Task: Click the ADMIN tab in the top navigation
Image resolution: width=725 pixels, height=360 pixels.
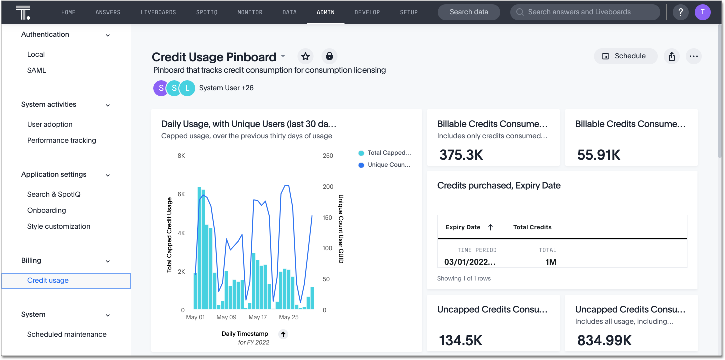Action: [325, 12]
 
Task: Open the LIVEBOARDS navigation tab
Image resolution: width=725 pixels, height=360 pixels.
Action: [158, 12]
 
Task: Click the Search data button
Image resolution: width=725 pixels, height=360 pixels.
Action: [469, 12]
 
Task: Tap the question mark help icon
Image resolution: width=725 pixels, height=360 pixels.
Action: [680, 12]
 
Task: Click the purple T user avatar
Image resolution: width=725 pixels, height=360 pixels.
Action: [703, 12]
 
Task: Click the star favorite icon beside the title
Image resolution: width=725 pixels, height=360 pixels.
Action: [305, 56]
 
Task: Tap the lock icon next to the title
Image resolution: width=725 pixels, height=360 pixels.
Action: [329, 56]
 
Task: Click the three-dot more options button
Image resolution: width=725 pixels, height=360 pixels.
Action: [693, 56]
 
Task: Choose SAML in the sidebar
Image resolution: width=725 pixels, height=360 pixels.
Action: [36, 70]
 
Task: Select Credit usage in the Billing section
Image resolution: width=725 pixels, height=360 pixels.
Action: [48, 280]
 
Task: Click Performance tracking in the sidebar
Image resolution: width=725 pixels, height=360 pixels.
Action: [61, 140]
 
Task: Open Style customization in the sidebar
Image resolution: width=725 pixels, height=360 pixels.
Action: [59, 226]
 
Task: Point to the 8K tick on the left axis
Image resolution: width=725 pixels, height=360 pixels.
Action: [181, 156]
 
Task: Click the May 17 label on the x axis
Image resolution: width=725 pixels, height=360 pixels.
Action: [257, 317]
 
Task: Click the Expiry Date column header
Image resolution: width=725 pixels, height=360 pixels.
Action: [463, 227]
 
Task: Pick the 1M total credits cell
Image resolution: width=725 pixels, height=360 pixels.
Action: [550, 262]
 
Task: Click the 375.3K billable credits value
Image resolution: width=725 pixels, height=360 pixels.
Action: [461, 155]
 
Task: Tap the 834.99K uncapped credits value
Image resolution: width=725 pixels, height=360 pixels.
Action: [604, 341]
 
